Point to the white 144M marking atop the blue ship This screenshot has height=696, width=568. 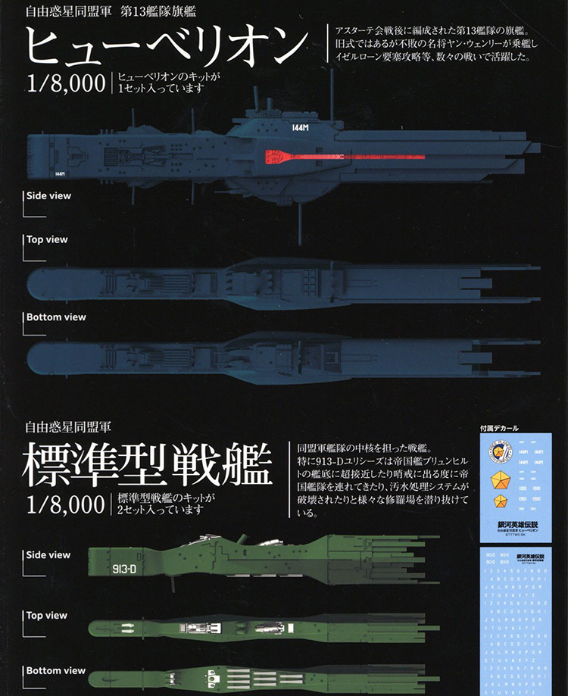(300, 129)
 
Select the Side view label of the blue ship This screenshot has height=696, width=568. (48, 195)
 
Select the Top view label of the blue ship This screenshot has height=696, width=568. (47, 239)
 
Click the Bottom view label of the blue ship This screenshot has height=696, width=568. (56, 317)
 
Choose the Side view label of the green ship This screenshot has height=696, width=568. (48, 554)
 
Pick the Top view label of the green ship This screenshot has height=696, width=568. (47, 615)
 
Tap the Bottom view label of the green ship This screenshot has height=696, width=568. (56, 670)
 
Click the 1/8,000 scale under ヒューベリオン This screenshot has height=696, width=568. (65, 83)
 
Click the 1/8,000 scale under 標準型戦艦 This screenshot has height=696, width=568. (65, 504)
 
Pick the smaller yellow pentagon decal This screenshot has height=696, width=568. (500, 501)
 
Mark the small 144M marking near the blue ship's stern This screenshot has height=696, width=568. (61, 173)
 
